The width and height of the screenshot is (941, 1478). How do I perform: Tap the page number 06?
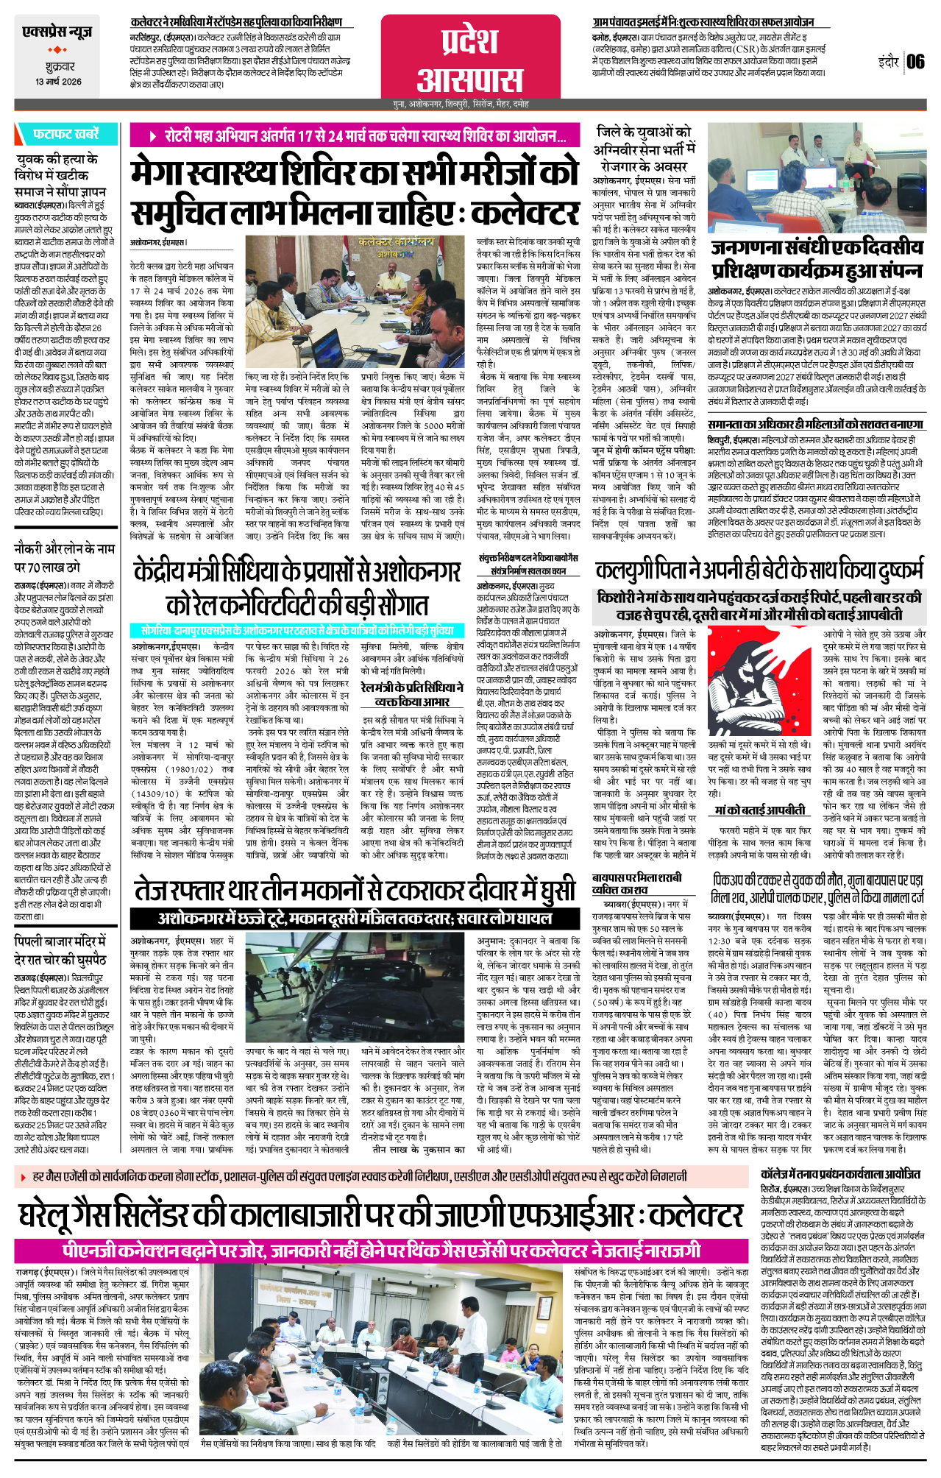click(x=915, y=61)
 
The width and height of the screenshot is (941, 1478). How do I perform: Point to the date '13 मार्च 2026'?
click(x=58, y=82)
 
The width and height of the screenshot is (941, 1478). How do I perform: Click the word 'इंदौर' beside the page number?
click(x=888, y=62)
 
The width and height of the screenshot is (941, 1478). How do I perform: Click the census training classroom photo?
click(x=816, y=178)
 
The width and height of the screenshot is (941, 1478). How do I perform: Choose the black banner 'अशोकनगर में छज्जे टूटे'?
click(x=355, y=918)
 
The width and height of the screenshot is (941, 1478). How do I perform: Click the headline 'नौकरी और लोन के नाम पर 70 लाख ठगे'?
click(x=65, y=557)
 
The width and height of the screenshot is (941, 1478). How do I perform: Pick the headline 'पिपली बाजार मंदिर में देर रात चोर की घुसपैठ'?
click(x=61, y=950)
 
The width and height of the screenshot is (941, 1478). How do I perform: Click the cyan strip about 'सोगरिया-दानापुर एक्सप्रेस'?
click(x=297, y=630)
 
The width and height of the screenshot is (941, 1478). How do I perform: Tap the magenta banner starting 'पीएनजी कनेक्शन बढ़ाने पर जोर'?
click(x=381, y=1251)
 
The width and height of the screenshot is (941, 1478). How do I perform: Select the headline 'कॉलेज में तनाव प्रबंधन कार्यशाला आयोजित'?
click(x=839, y=1174)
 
